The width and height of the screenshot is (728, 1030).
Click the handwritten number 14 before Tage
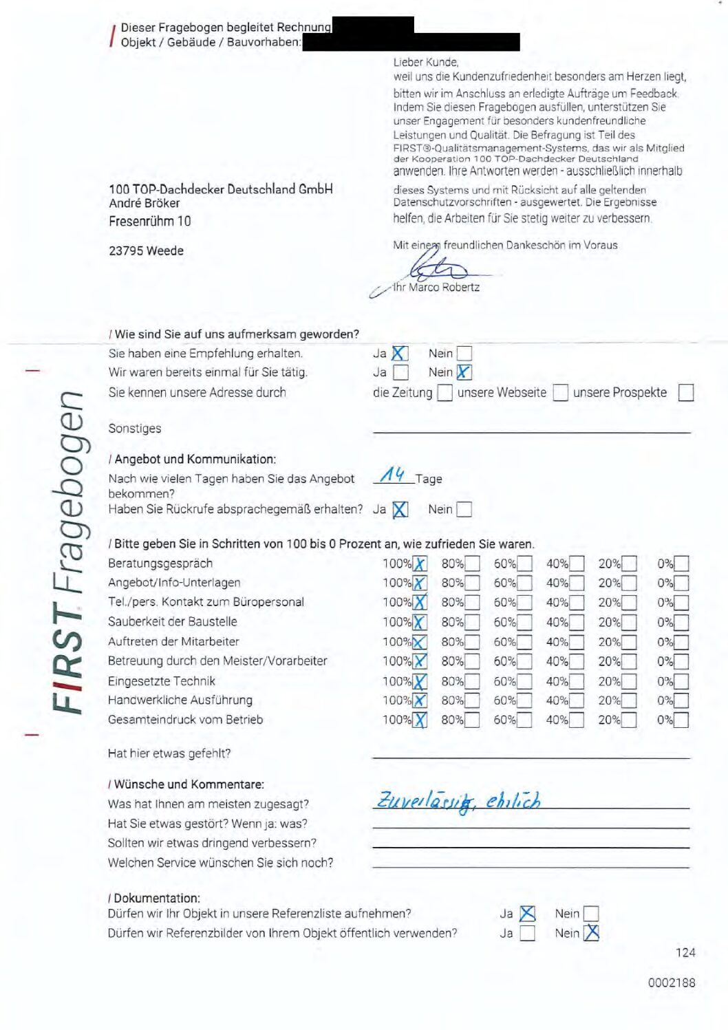(393, 475)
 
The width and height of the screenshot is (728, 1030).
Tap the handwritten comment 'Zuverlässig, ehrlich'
(458, 801)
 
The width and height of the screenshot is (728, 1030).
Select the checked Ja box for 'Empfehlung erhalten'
(400, 354)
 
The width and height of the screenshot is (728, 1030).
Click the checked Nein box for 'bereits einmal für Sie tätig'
(464, 372)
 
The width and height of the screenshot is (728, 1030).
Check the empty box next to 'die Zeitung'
(445, 393)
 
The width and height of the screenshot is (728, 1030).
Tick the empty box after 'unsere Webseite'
(561, 393)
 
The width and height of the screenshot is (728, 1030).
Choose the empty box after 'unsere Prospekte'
(685, 393)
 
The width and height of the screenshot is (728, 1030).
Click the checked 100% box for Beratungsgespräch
(420, 564)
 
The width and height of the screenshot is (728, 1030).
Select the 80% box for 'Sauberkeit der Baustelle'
(472, 623)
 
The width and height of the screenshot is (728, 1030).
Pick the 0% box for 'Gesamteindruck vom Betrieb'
(681, 720)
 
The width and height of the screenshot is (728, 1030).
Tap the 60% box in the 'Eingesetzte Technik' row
(524, 682)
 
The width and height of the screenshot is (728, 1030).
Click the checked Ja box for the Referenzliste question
(528, 914)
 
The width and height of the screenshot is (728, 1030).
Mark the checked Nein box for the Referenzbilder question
(591, 933)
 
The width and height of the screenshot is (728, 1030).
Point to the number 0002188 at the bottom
(672, 983)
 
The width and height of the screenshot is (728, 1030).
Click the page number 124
(685, 952)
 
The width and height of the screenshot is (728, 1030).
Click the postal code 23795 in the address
(126, 250)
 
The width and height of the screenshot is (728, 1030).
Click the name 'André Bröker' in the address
(144, 203)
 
